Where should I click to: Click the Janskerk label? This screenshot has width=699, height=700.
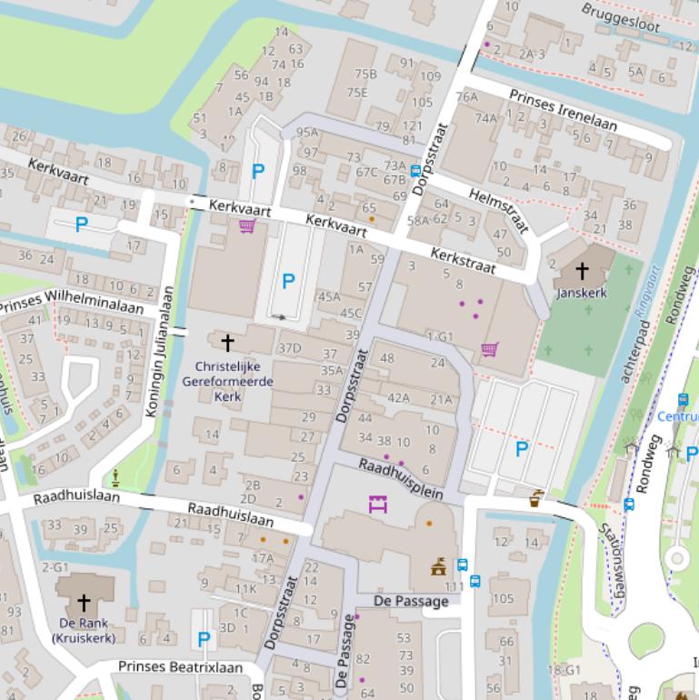pos(582,293)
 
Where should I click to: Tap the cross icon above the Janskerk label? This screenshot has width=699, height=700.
pos(582,271)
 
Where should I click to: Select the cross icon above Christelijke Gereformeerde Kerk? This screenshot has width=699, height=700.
pos(227,342)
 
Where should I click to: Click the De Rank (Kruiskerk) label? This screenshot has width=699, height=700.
pos(84,630)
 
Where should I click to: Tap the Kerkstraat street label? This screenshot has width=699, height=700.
pos(463,259)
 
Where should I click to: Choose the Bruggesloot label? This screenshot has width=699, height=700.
pos(621,17)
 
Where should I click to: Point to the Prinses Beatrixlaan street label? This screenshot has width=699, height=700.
pos(180,667)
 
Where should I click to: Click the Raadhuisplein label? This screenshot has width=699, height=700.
pos(400,479)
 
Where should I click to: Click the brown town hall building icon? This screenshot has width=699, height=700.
pos(439,566)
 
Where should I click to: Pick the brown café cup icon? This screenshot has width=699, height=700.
pos(536,497)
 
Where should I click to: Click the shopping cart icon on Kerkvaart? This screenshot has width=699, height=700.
pos(246,225)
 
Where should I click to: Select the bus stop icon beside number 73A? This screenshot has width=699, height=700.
pos(415,170)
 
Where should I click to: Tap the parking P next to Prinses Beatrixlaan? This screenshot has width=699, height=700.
pos(204,639)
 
